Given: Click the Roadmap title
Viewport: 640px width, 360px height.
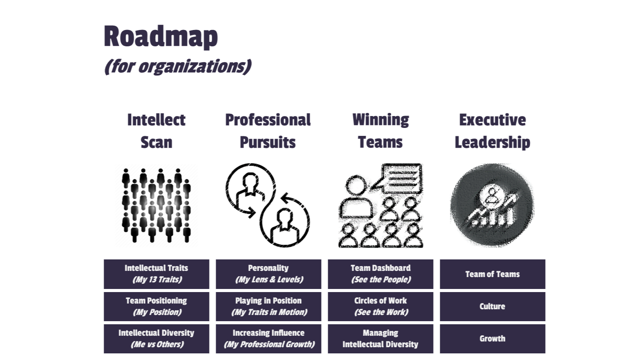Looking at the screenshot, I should [x=161, y=36].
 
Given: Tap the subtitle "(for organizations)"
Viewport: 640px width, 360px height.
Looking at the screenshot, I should [x=177, y=67].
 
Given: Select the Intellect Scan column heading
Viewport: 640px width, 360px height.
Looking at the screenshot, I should [x=156, y=131].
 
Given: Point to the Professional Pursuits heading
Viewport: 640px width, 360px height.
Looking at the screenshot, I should [x=268, y=131].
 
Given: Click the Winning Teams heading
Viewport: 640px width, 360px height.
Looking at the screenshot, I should [x=380, y=131].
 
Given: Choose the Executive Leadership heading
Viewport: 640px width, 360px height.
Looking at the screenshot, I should [x=492, y=131].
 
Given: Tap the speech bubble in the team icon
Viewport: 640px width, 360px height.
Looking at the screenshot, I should [x=402, y=177].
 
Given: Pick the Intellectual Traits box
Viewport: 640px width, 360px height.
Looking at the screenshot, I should [x=157, y=274].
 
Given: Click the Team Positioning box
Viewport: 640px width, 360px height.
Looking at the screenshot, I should [x=157, y=306].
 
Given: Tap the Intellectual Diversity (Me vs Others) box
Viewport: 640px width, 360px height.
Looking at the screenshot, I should [x=157, y=339].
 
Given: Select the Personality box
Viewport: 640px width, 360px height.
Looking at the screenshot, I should [x=268, y=274].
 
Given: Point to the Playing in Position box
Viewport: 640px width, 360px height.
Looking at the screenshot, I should [x=268, y=306].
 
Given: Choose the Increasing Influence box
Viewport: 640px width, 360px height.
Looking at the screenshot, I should [x=268, y=339].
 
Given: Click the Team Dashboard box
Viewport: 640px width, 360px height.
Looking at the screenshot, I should [x=380, y=274].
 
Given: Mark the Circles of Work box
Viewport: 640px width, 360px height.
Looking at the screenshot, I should [x=380, y=306].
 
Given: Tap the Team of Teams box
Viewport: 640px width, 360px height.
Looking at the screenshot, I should [x=492, y=274].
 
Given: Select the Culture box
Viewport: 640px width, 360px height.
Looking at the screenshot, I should [x=492, y=306].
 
